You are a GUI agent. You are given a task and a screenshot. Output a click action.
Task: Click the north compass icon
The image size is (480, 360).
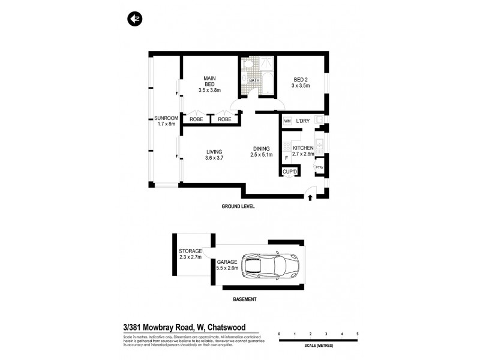134,19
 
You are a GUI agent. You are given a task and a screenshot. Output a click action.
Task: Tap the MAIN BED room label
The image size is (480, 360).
209,84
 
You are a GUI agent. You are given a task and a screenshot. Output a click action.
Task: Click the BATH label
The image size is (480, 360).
254,80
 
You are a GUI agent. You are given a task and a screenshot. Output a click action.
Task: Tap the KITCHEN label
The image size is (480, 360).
304,148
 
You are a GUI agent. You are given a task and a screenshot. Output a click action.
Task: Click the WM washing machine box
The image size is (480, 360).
287,121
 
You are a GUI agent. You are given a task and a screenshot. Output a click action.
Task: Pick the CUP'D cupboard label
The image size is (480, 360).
290,172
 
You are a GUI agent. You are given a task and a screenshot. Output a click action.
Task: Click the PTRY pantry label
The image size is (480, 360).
319,167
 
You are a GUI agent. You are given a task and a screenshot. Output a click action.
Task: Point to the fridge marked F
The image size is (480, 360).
287,158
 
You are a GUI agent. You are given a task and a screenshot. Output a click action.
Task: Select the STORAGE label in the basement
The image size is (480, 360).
190,251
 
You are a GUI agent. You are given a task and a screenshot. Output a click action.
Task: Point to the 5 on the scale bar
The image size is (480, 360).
357,333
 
